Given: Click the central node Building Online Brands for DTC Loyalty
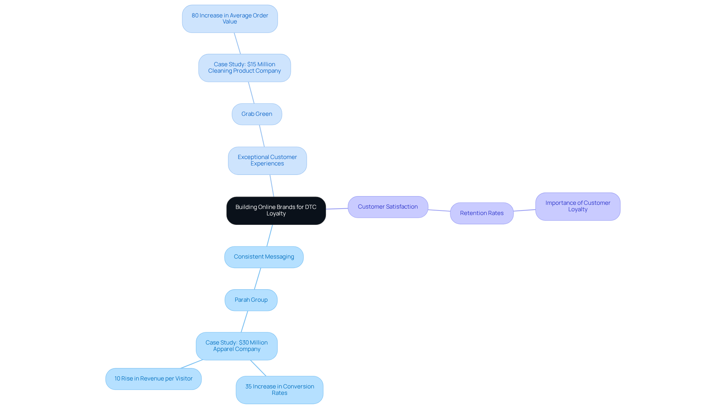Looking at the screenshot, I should [x=276, y=210].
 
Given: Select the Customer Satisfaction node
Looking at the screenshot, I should [x=388, y=207].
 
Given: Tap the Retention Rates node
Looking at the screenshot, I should [x=481, y=213].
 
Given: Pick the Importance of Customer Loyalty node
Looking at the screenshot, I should [x=577, y=206].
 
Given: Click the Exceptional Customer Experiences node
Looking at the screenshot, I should [x=267, y=161].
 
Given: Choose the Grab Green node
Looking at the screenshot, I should [x=257, y=114].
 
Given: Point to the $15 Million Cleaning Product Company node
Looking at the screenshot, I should [x=244, y=68].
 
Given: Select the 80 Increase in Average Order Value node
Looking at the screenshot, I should [x=230, y=19].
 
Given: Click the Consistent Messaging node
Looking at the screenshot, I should [x=264, y=257].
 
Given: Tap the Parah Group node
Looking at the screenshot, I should [x=251, y=300].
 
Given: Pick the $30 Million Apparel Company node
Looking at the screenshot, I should [x=236, y=346].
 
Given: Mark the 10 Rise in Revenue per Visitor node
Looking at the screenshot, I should [x=153, y=379].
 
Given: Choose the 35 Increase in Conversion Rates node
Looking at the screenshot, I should [x=279, y=390].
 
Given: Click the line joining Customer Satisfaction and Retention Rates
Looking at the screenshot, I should [x=439, y=210].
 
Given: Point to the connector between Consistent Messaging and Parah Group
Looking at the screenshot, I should [x=258, y=279].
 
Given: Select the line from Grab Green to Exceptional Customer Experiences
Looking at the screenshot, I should [x=262, y=136].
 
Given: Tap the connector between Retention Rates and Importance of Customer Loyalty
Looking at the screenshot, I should [x=524, y=210].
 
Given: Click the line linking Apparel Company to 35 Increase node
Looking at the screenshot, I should [x=258, y=368].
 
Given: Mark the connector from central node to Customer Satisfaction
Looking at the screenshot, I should [x=337, y=209].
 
